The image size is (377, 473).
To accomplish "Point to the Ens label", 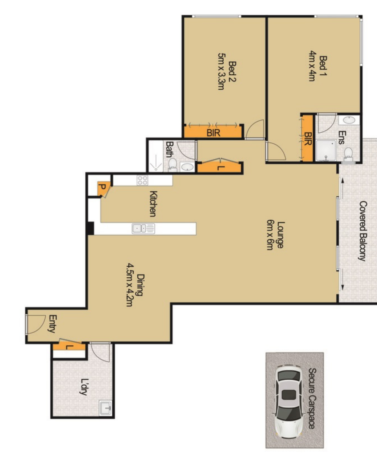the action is tap(341, 138).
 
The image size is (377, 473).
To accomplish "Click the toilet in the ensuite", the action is tap(348, 154).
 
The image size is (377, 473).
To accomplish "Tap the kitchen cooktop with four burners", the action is tap(142, 180).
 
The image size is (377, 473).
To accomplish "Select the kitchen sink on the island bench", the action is tap(143, 229).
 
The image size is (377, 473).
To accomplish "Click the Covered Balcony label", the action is tap(363, 231).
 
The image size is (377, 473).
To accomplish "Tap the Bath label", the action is tap(170, 149).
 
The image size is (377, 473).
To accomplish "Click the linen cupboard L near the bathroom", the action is tap(220, 167).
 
